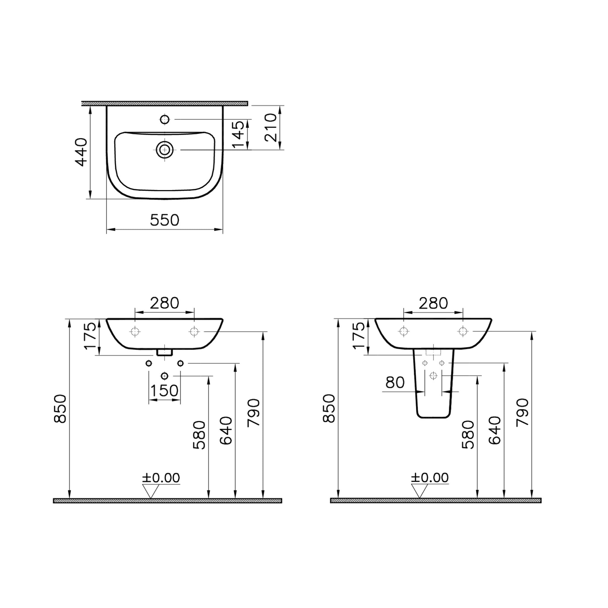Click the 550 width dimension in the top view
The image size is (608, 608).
click(x=164, y=220)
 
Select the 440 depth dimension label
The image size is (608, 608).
click(x=81, y=152)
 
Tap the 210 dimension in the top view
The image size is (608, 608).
click(x=270, y=127)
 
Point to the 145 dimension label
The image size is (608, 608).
click(x=238, y=134)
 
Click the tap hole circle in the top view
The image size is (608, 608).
click(x=164, y=120)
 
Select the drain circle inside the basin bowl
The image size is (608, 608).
click(x=164, y=150)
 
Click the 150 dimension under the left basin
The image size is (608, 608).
click(x=164, y=391)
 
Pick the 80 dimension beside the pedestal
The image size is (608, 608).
click(x=395, y=383)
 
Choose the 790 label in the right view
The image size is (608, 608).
click(x=522, y=413)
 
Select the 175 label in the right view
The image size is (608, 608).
click(x=359, y=335)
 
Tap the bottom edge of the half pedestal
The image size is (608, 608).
click(x=433, y=418)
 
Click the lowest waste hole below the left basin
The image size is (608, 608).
click(x=164, y=376)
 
